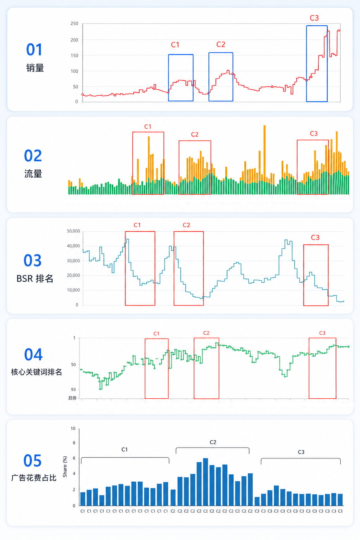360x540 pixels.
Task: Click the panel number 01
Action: [34, 50]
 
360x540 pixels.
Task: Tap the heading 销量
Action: [35, 68]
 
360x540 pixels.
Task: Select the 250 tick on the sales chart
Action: [74, 24]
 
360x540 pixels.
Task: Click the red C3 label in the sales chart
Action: [314, 18]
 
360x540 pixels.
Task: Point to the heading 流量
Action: [33, 174]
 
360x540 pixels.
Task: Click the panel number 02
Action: [33, 156]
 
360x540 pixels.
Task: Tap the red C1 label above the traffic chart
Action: [148, 127]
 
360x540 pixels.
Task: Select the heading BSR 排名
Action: [35, 278]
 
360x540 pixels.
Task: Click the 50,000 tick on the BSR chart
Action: [73, 231]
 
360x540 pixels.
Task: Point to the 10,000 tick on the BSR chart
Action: [73, 290]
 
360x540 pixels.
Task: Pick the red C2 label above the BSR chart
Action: [186, 225]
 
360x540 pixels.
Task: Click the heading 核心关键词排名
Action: [37, 372]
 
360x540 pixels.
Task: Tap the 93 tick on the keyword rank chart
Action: [73, 389]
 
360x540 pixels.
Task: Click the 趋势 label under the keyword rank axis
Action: [72, 398]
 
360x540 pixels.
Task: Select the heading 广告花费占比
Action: [34, 478]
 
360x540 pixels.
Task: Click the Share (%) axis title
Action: [65, 467]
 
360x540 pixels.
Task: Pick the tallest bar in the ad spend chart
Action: [205, 482]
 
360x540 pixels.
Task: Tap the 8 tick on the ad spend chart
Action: [74, 443]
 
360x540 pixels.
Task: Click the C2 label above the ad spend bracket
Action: [213, 442]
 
